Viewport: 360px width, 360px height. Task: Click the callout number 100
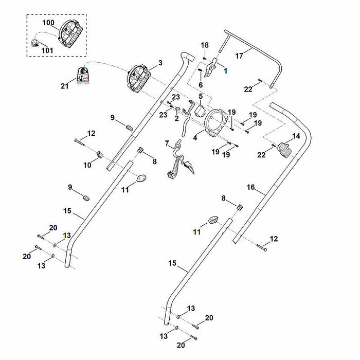[x=48, y=23]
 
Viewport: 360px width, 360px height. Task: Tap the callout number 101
[x=47, y=50]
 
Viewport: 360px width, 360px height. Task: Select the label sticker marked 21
[x=83, y=76]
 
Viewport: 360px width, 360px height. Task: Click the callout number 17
[x=239, y=56]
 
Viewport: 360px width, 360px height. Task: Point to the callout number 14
[x=296, y=136]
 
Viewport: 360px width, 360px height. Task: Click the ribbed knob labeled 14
[x=285, y=150]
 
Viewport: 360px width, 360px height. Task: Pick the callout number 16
[x=251, y=187]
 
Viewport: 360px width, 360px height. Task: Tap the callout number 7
[x=167, y=143]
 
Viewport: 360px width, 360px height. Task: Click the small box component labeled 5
[x=200, y=112]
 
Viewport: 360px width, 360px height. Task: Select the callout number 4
[x=195, y=138]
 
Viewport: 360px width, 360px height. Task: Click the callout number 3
[x=160, y=63]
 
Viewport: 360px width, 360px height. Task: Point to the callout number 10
[x=87, y=165]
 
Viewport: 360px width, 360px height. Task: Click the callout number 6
[x=201, y=85]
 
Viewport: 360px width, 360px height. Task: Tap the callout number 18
[x=205, y=45]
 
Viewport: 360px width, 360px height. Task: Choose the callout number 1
[x=225, y=71]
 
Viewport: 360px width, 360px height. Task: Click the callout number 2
[x=176, y=118]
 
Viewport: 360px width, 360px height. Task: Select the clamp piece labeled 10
[x=99, y=154]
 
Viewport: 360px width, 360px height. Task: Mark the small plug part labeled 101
[x=35, y=43]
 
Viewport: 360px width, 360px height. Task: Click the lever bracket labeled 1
[x=210, y=68]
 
